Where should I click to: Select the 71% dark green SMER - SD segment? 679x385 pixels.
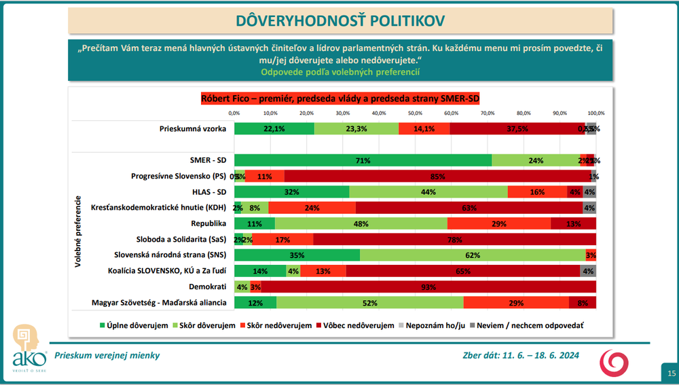tap(363, 160)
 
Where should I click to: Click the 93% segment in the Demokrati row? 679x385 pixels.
tap(428, 287)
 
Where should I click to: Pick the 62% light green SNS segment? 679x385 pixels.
tap(473, 255)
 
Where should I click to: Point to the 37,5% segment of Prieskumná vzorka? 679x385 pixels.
tap(517, 128)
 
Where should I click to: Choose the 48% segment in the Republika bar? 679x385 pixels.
tap(361, 224)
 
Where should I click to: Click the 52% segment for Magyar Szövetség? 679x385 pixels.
tap(370, 303)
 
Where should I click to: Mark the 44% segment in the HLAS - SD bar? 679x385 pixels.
tap(428, 192)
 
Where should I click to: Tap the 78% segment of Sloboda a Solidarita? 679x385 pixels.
tap(454, 240)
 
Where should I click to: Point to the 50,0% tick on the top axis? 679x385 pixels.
tap(415, 113)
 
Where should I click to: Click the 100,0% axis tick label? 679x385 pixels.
tap(595, 113)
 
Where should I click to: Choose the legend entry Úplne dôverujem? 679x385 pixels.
tap(134, 325)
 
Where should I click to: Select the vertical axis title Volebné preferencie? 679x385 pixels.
tap(79, 232)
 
